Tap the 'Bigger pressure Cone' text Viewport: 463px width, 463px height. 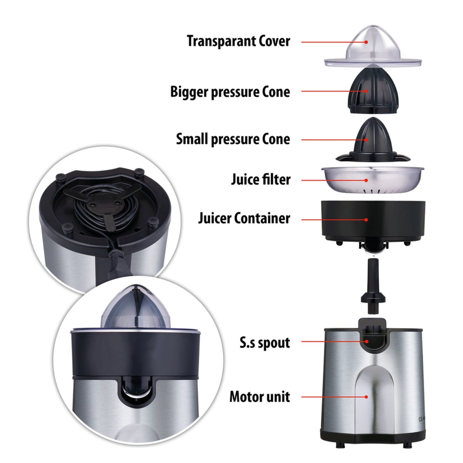(x=230, y=92)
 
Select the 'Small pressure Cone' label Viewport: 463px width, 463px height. (x=233, y=139)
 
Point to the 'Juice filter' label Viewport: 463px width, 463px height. (x=261, y=179)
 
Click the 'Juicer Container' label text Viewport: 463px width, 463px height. (x=244, y=218)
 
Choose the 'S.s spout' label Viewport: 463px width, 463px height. (x=265, y=343)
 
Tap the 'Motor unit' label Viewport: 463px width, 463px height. (x=260, y=397)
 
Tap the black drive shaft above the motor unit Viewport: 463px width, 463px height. (x=372, y=288)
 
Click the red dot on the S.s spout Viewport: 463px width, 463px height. (x=366, y=341)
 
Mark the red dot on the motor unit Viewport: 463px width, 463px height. (x=366, y=397)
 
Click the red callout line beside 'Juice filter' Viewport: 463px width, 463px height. (x=333, y=180)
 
